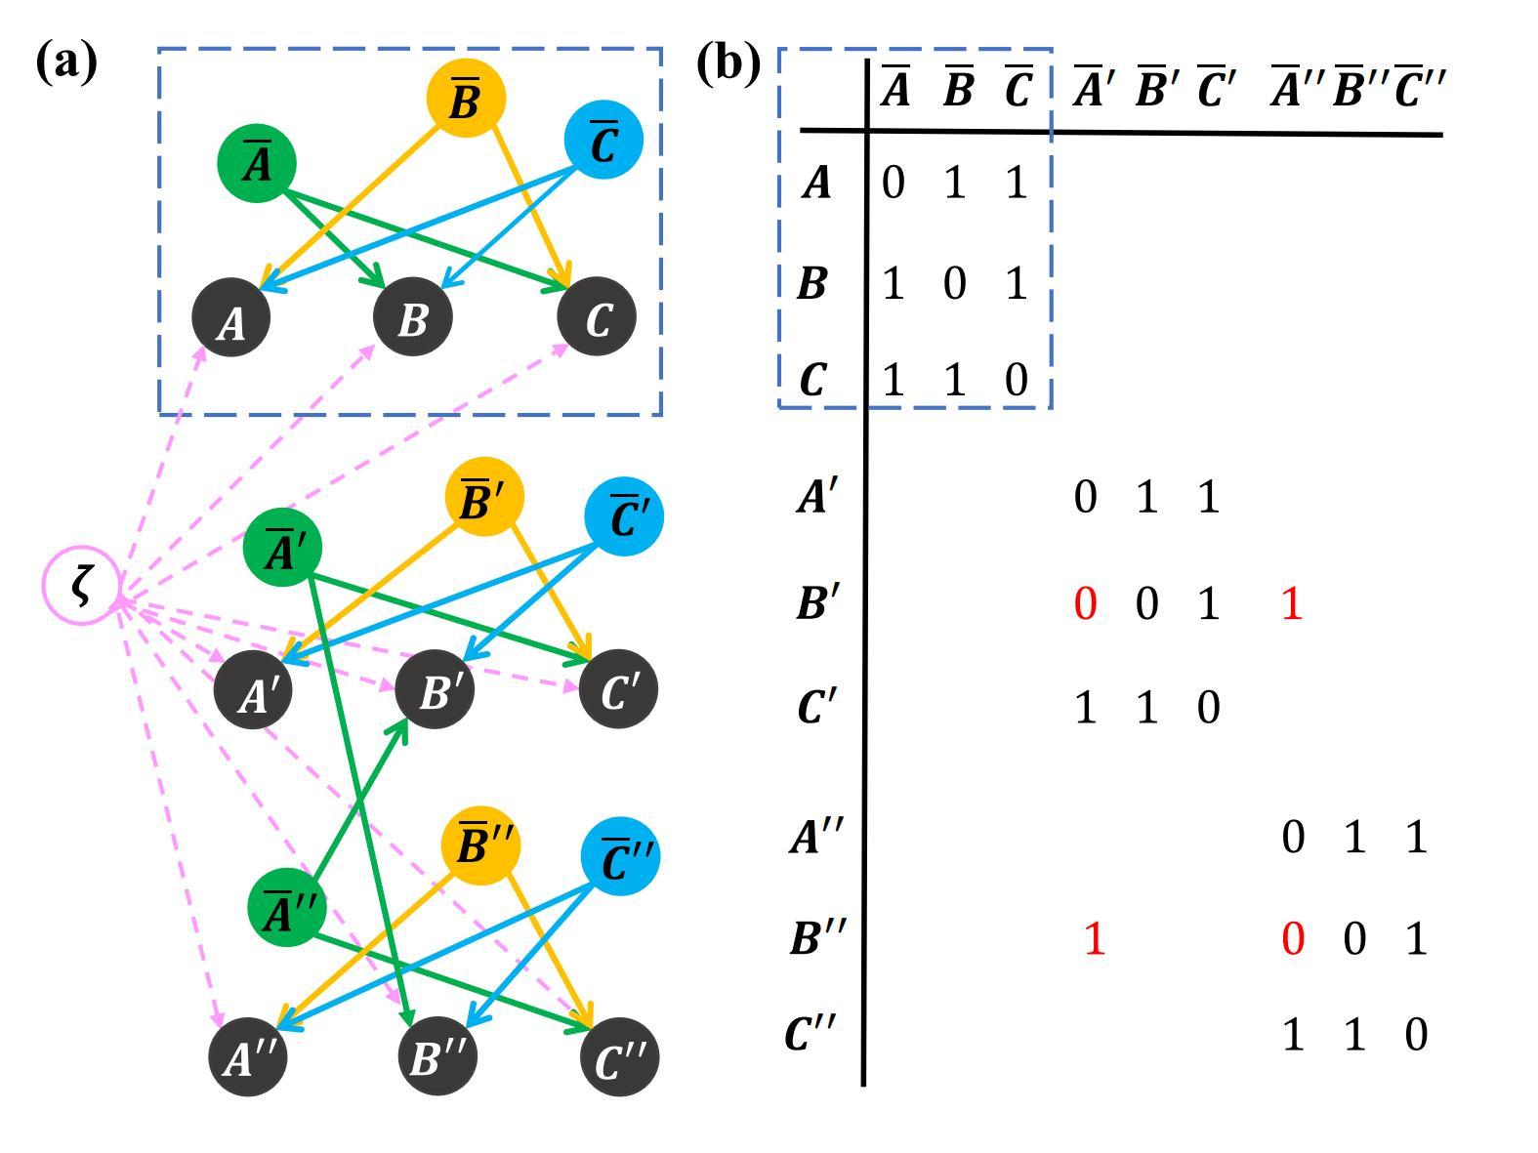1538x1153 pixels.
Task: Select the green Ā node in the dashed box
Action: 257,162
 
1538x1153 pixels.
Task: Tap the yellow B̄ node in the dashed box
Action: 466,98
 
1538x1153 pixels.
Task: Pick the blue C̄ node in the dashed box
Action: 603,140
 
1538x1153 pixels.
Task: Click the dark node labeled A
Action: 231,318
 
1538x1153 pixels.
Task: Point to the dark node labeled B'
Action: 436,690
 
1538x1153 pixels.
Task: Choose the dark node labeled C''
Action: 619,1057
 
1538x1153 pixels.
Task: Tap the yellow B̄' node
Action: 483,498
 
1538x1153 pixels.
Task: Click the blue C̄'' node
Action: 620,857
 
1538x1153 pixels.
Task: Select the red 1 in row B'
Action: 1291,604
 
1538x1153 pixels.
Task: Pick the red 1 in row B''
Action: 1094,938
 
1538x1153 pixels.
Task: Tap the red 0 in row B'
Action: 1085,604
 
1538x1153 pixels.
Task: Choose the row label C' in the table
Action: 815,706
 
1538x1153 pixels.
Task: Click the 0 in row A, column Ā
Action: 893,183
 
